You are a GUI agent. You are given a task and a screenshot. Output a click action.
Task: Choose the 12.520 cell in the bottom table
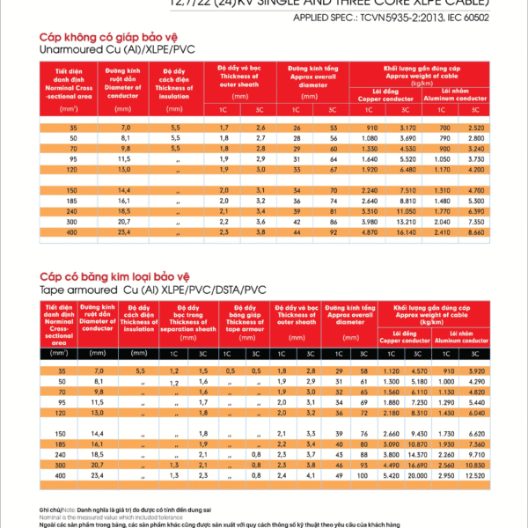pyautogui.click(x=476, y=474)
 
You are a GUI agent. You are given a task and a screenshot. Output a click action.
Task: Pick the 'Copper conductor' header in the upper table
pyautogui.click(x=386, y=95)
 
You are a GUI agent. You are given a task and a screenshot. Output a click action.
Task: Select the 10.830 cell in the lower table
pyautogui.click(x=476, y=463)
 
